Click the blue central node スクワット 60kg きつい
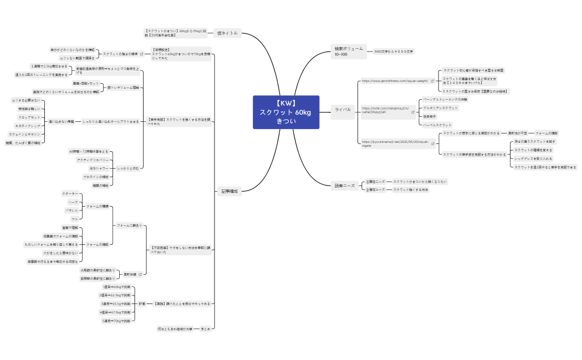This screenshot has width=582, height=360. [286, 112]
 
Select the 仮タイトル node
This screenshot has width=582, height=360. [227, 33]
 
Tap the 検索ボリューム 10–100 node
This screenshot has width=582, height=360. [349, 52]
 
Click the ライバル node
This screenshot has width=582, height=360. [343, 110]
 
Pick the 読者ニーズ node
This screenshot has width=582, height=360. [344, 186]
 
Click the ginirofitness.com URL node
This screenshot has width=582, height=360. [395, 81]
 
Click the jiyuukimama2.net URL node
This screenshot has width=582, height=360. [396, 143]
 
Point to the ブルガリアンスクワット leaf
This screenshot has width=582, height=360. [440, 108]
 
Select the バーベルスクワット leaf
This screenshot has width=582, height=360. [437, 125]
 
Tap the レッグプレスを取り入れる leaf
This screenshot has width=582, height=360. [536, 158]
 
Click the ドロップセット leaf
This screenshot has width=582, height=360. [29, 117]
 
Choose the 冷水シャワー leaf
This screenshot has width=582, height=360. [99, 168]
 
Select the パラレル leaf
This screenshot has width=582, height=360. [72, 211]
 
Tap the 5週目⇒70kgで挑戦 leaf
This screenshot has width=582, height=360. [116, 321]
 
